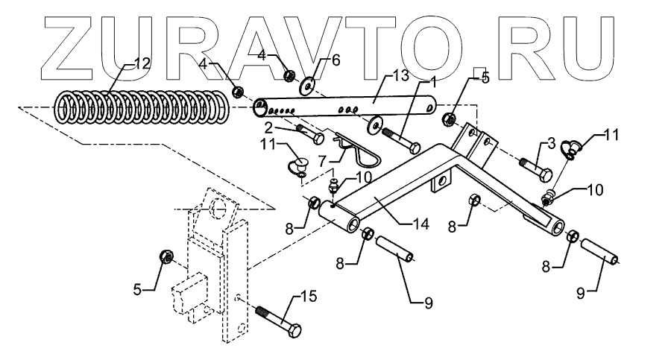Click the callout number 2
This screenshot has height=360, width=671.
(277, 128)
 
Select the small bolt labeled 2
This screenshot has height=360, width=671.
(309, 135)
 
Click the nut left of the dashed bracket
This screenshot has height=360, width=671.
(167, 257)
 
